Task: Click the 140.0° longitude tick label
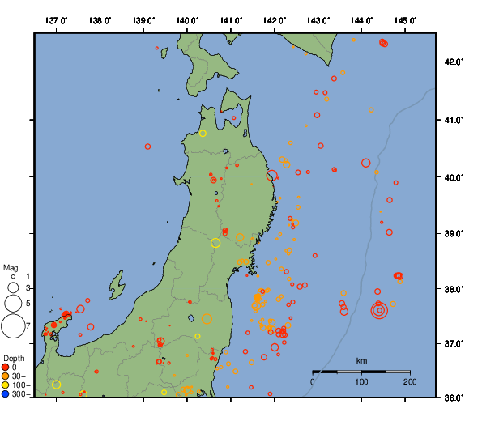(187, 19)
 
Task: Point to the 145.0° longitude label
(405, 19)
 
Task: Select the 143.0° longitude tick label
(318, 19)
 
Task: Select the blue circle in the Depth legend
(6, 394)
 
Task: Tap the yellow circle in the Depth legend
(6, 385)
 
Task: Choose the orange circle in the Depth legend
(6, 376)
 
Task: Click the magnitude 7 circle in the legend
(12, 326)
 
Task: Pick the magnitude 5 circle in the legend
(12, 304)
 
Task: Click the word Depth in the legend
(14, 359)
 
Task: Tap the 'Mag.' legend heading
(11, 267)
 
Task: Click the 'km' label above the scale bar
(361, 360)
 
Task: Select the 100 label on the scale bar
(361, 381)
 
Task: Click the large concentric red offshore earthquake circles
(379, 311)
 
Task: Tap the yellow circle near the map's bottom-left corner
(57, 385)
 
